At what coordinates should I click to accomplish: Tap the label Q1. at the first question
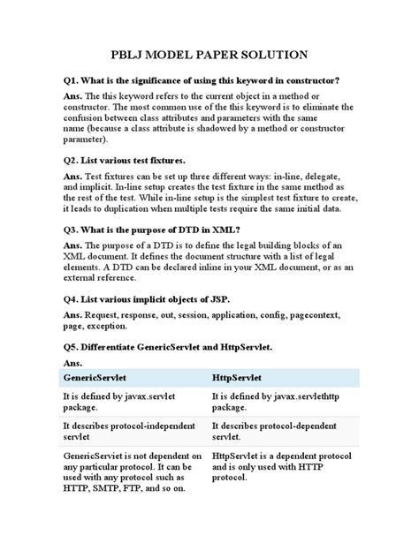(72, 80)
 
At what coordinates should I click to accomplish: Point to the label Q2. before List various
(72, 161)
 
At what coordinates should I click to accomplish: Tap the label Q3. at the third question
(72, 229)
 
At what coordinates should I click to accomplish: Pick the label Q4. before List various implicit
(72, 296)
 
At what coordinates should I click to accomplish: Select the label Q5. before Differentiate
(72, 349)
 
